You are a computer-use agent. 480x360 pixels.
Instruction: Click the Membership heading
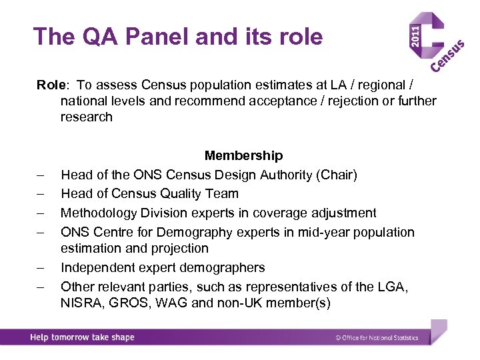[243, 155]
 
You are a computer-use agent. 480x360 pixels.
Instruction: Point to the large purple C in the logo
[441, 40]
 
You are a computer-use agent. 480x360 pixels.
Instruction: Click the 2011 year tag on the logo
[415, 36]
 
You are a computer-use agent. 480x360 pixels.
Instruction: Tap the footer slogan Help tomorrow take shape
[82, 337]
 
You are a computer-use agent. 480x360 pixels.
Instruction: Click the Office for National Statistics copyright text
[377, 338]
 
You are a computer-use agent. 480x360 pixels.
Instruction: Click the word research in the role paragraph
[87, 117]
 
